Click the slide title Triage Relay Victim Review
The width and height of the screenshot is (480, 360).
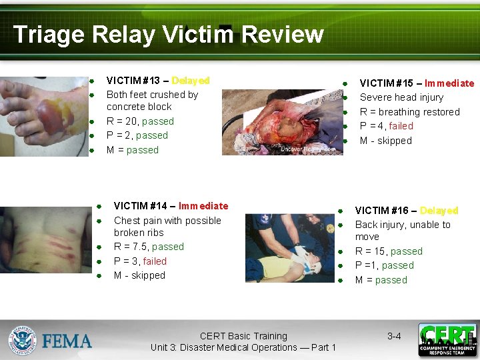pos(168,34)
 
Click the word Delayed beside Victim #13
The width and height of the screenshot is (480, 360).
pos(190,81)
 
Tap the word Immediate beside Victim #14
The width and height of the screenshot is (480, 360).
pos(203,206)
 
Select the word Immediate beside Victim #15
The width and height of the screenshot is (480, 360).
pos(449,83)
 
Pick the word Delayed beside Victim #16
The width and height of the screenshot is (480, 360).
pos(439,211)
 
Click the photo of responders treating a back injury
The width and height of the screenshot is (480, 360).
pos(289,247)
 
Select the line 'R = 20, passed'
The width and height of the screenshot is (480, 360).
pos(140,121)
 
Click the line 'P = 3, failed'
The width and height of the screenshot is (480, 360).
pos(140,261)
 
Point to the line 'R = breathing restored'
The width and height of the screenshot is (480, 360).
pos(409,112)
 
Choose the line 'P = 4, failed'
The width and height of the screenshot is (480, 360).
pos(386,126)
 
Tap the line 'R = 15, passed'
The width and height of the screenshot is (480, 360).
pos(389,251)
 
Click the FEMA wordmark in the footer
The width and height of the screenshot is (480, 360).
pos(67,341)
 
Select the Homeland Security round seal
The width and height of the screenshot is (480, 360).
pos(22,341)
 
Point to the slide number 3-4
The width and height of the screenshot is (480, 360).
pos(394,337)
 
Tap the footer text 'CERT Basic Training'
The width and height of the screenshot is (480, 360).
pos(243,337)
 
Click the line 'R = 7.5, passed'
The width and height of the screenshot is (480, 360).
pos(149,247)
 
